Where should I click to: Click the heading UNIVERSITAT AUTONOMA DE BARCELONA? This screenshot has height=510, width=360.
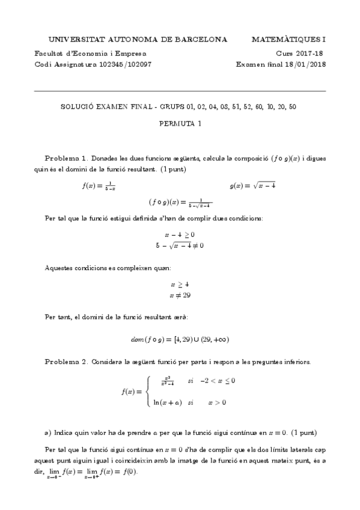pos(137,40)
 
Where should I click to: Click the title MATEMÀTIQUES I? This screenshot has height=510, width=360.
pos(288,40)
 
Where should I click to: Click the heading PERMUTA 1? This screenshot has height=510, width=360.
pos(180,124)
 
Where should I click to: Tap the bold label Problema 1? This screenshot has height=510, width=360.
pos(67,157)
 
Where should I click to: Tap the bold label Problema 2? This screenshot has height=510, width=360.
pos(67,362)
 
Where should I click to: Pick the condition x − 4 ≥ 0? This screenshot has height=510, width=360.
pos(180,234)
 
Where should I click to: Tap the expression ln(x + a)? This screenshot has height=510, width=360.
pos(168,402)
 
